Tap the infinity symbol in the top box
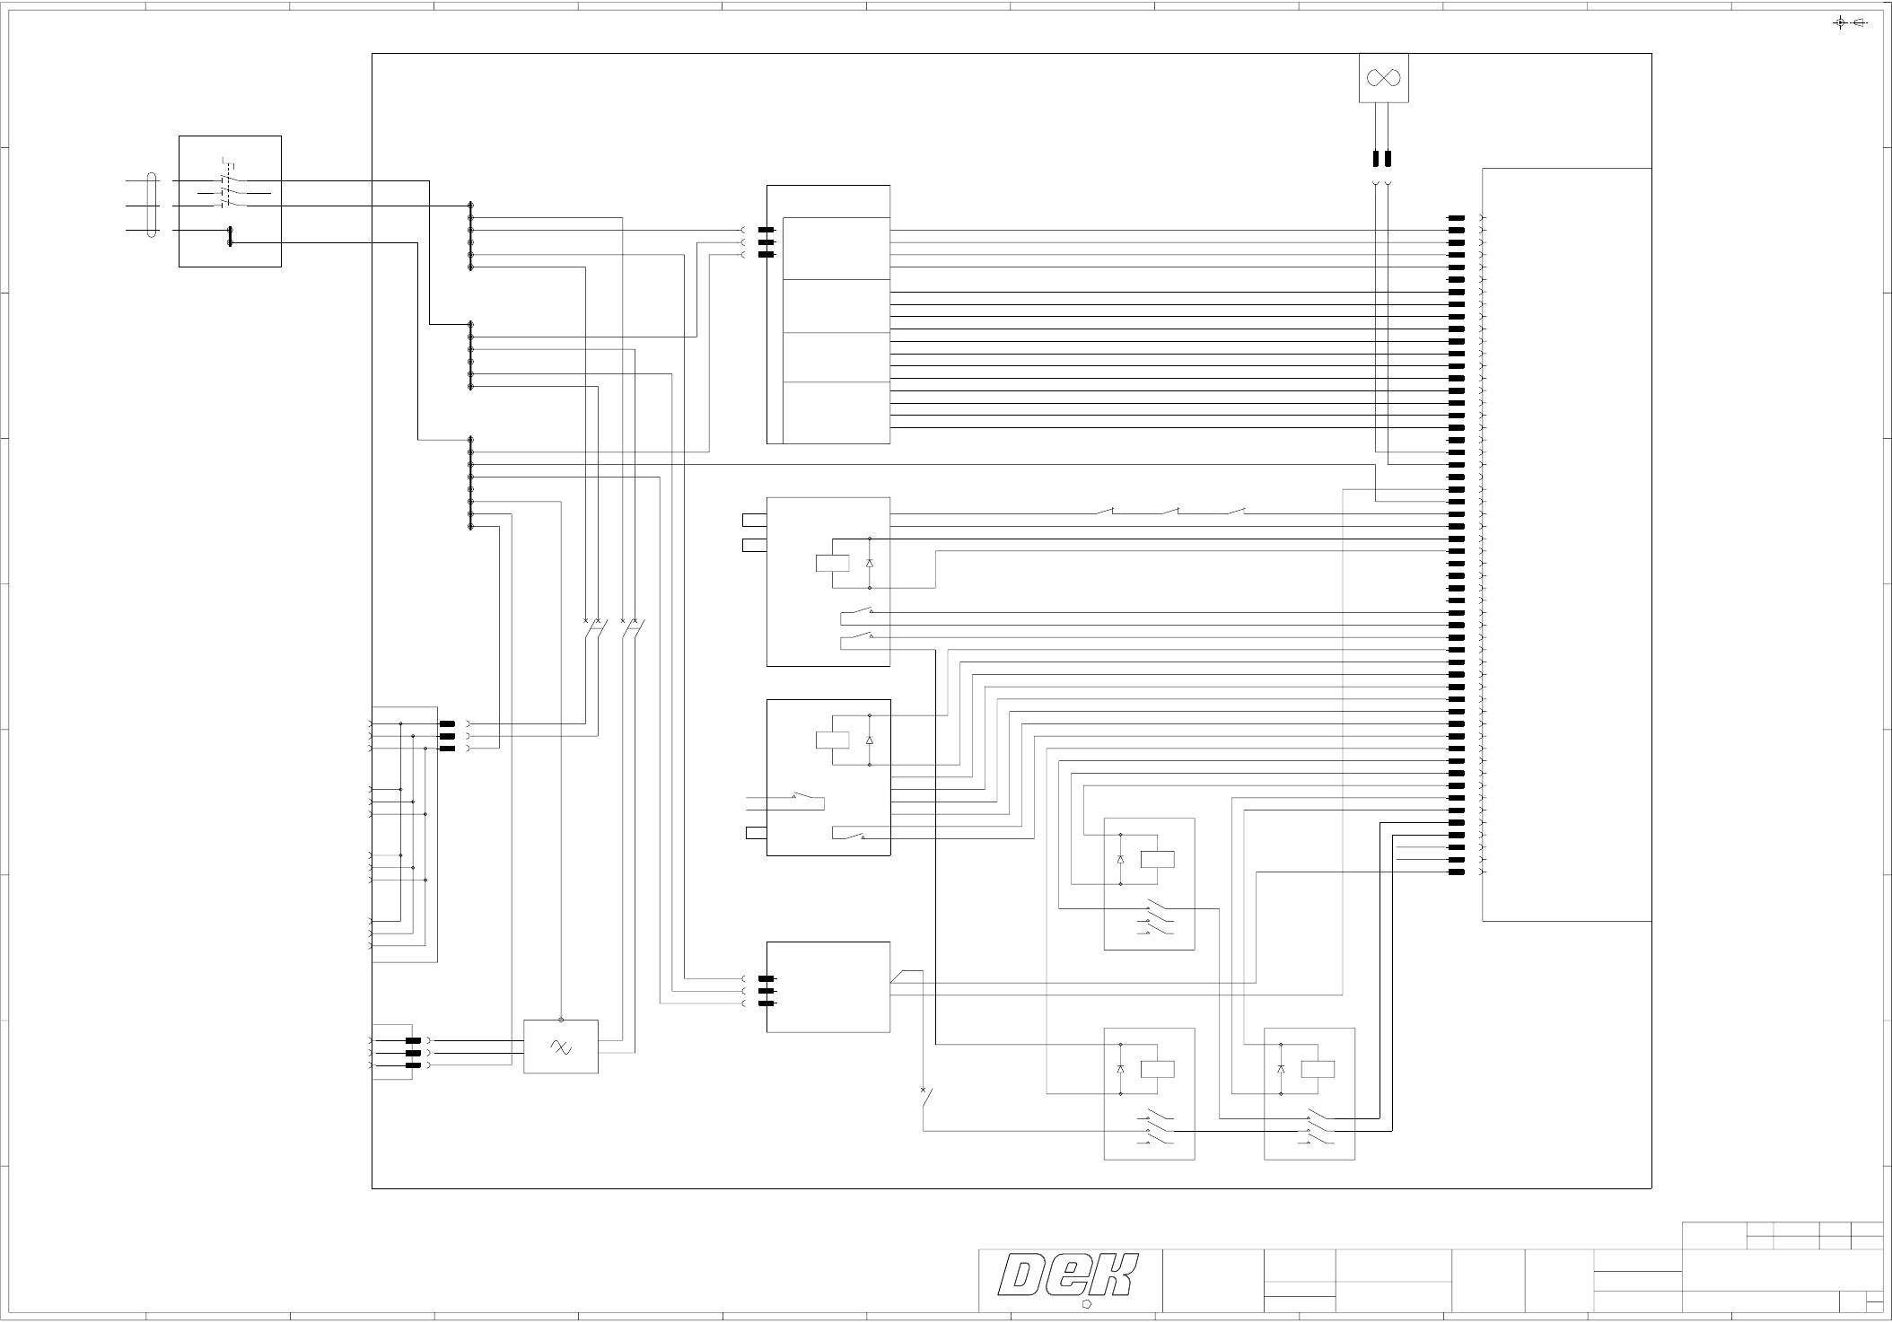(x=1383, y=78)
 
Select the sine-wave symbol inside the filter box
(x=561, y=1047)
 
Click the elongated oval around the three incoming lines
(x=153, y=206)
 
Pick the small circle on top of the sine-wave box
(x=561, y=1020)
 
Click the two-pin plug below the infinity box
(x=1382, y=160)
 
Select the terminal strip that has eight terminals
(x=470, y=483)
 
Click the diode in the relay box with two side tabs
(x=869, y=563)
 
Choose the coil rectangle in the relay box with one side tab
(x=832, y=740)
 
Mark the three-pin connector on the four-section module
(x=766, y=242)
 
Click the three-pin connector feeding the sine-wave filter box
(x=414, y=1053)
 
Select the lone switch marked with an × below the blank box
(x=926, y=1099)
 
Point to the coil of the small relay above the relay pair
(x=1157, y=859)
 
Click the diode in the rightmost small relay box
(x=1280, y=1069)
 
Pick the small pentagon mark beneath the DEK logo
(x=1086, y=1303)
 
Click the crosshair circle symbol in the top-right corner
(x=1840, y=23)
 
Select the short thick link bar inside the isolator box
(x=230, y=236)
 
